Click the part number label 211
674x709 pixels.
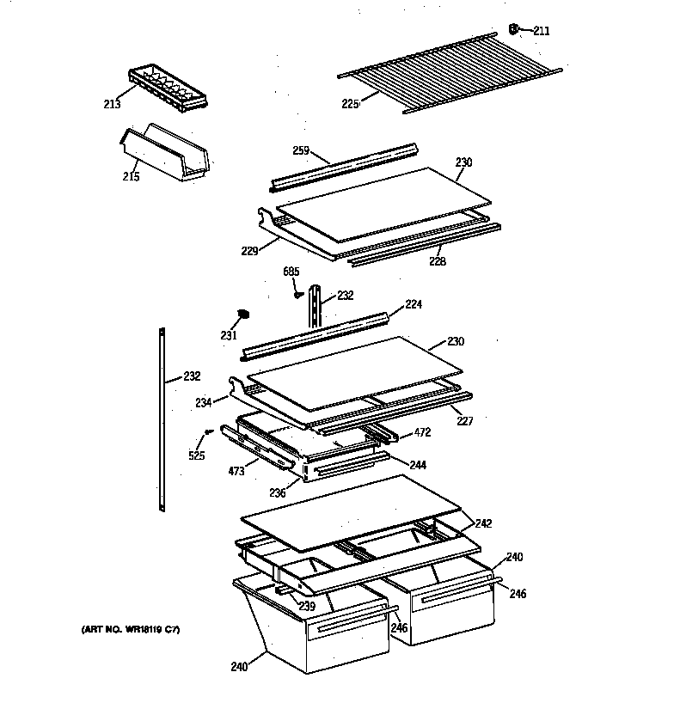pyautogui.click(x=542, y=31)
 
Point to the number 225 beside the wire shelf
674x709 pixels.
pyautogui.click(x=350, y=104)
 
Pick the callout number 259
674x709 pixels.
pyautogui.click(x=300, y=150)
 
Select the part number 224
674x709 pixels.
pyautogui.click(x=414, y=303)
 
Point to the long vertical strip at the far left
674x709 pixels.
pyautogui.click(x=162, y=419)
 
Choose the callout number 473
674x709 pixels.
pyautogui.click(x=236, y=472)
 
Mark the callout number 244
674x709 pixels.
pyautogui.click(x=418, y=465)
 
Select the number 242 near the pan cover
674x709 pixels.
pyautogui.click(x=483, y=523)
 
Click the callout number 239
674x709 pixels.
pyautogui.click(x=306, y=606)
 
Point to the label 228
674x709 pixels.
pyautogui.click(x=438, y=261)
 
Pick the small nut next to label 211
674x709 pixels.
pyautogui.click(x=514, y=30)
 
